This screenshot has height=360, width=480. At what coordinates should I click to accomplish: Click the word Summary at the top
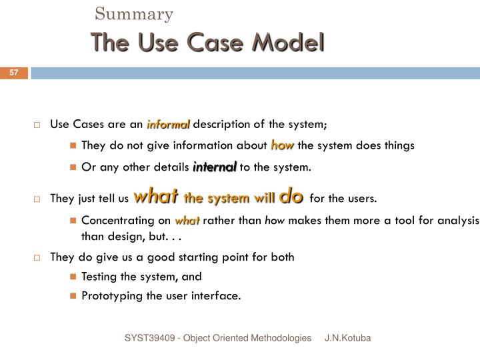[134, 13]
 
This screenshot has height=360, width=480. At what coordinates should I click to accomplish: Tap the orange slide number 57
[13, 73]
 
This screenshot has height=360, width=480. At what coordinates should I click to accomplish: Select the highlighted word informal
[169, 124]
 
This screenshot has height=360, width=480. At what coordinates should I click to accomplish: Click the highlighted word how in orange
[283, 145]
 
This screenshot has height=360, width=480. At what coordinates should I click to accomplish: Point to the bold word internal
[215, 167]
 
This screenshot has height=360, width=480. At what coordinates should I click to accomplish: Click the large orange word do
[292, 196]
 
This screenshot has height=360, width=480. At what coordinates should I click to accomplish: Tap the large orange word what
[155, 196]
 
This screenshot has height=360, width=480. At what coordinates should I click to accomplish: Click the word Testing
[101, 276]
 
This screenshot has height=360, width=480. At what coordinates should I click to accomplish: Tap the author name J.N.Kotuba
[347, 339]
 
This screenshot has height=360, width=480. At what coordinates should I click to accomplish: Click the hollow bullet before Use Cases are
[37, 125]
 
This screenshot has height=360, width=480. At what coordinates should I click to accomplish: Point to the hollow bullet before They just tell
[37, 199]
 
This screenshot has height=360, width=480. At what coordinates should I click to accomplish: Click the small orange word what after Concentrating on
[187, 221]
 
